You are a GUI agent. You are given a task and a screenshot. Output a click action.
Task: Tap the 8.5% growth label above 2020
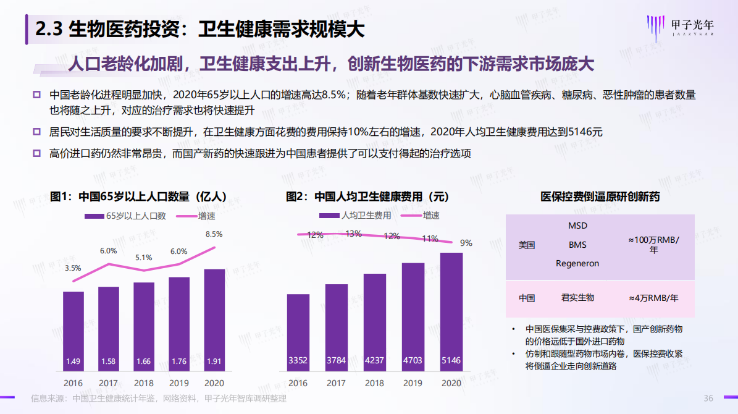(214, 234)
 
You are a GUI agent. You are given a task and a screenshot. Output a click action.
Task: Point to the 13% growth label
(354, 234)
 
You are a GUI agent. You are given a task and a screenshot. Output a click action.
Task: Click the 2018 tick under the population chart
(143, 383)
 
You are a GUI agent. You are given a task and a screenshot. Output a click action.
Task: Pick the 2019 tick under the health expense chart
(413, 383)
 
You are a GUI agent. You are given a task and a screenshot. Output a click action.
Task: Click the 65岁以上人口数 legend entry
(125, 216)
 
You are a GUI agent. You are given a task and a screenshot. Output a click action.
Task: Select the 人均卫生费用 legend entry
(356, 216)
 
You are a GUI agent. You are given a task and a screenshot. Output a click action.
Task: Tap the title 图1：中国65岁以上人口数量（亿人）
(138, 197)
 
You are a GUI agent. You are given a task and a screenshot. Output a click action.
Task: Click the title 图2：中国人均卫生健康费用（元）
(367, 197)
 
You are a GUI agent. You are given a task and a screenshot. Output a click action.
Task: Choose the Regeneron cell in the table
(577, 263)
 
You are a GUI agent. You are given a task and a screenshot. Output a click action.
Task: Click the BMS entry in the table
(577, 245)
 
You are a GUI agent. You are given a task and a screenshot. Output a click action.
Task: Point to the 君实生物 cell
(577, 298)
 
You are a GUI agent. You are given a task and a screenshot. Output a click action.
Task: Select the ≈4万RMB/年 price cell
(653, 298)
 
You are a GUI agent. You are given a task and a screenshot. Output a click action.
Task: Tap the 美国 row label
(527, 245)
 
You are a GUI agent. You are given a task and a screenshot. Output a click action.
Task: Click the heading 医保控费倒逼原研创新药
(600, 197)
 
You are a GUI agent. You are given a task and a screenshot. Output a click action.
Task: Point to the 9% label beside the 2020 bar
(466, 243)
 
